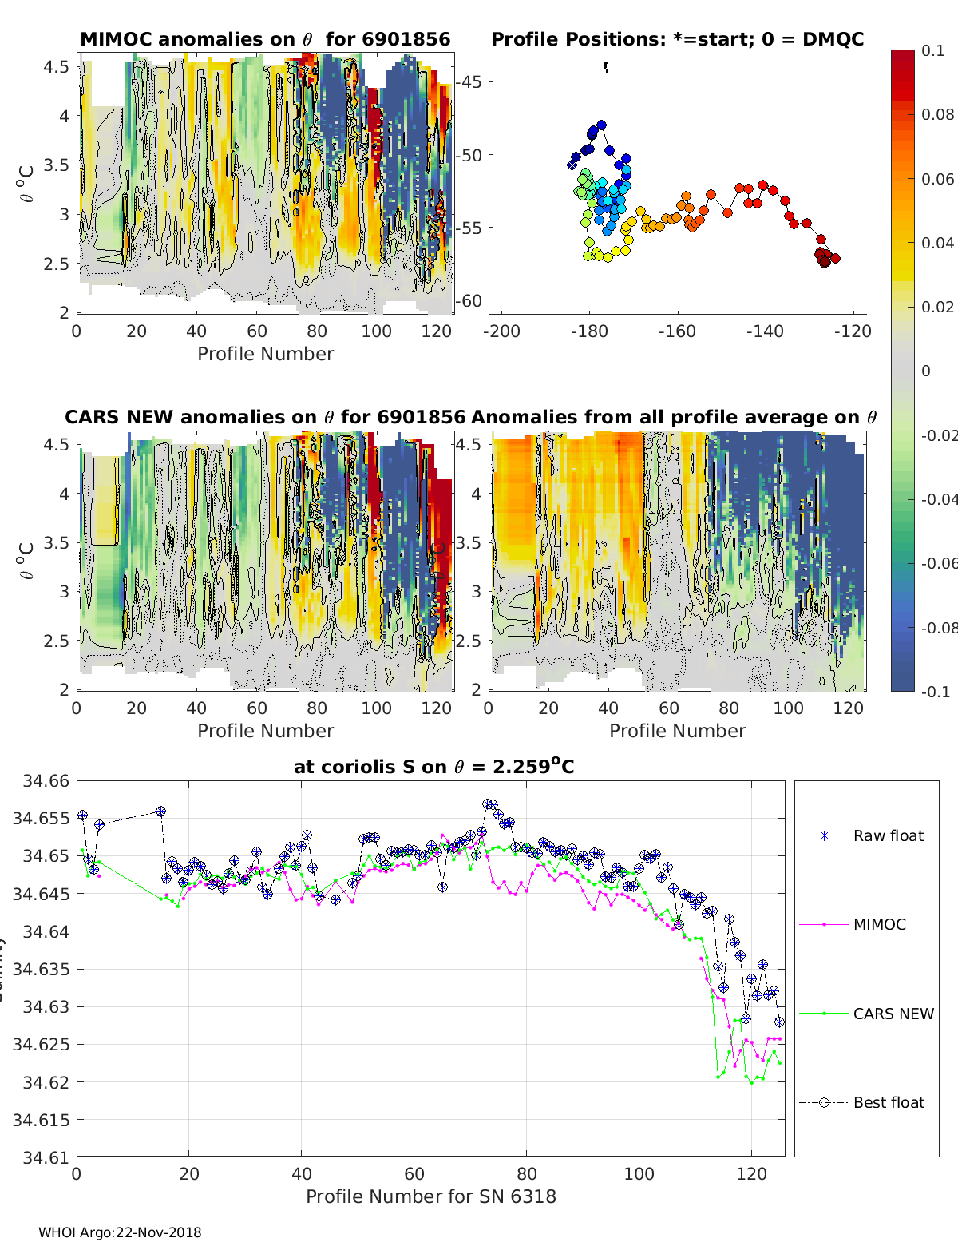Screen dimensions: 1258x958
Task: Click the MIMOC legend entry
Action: [x=879, y=924]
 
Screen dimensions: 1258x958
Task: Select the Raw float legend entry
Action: [x=888, y=835]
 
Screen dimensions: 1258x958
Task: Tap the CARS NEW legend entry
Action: [x=893, y=1014]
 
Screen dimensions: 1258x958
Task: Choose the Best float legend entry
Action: [x=888, y=1102]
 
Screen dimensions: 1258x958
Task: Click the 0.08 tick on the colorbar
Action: [x=937, y=114]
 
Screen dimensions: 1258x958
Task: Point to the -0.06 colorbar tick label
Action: [x=937, y=563]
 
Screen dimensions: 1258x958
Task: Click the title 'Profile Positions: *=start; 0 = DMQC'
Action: [x=677, y=39]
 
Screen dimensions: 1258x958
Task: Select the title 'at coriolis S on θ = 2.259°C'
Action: [x=433, y=767]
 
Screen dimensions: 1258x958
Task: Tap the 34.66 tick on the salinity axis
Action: [x=41, y=780]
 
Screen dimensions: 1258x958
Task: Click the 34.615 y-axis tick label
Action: [x=41, y=1120]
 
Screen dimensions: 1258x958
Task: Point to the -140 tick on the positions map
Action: [x=765, y=331]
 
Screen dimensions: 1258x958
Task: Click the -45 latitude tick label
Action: [x=470, y=81]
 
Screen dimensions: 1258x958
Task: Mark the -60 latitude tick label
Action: [x=470, y=301]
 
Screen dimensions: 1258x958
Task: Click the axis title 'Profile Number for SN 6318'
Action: [x=430, y=1196]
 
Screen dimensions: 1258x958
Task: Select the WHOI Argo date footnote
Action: [x=120, y=1232]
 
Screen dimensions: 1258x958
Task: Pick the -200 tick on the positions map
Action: [x=501, y=331]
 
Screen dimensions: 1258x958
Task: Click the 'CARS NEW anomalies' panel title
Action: [x=264, y=417]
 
